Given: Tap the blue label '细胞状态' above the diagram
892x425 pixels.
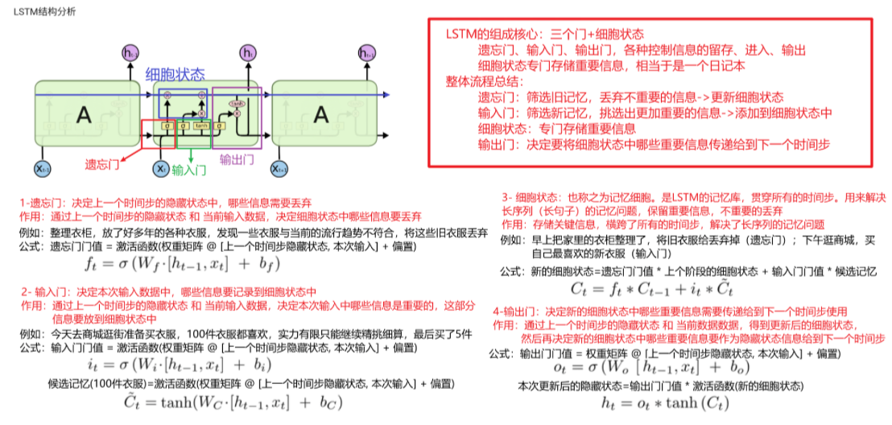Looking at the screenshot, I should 176,74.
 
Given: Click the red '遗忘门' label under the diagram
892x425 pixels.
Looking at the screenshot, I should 103,164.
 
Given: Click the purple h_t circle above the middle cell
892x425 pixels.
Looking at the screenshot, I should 247,54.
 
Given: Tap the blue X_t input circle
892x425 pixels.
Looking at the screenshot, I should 160,169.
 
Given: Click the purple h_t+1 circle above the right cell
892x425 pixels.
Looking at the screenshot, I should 368,54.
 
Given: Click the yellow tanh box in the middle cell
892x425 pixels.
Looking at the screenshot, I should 201,126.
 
